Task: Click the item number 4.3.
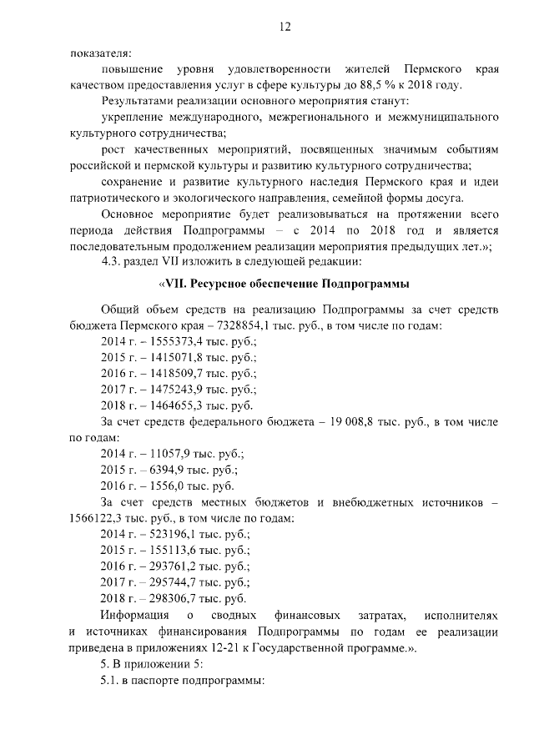(112, 260)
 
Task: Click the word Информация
(136, 615)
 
